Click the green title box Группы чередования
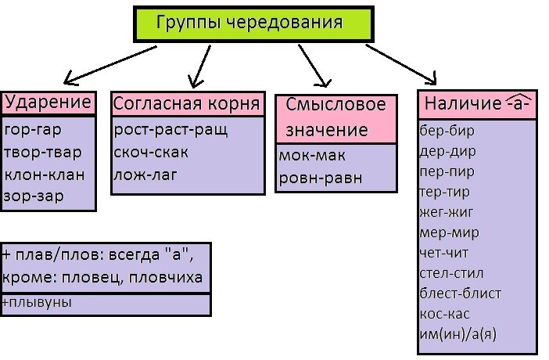[x=249, y=23]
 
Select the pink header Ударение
[x=48, y=103]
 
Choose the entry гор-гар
[x=33, y=130]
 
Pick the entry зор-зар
[x=33, y=196]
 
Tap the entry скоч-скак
[x=151, y=152]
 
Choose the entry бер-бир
[x=447, y=130]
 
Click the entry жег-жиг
[x=447, y=211]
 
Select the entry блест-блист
[x=460, y=293]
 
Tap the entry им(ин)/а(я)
[x=458, y=334]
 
